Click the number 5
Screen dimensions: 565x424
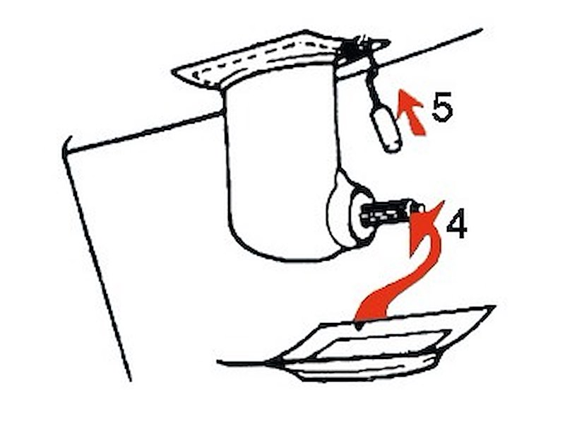pyautogui.click(x=442, y=107)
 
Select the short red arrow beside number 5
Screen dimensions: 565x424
pyautogui.click(x=411, y=112)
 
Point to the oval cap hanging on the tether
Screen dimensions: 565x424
pyautogui.click(x=386, y=130)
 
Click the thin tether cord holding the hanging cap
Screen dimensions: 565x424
pyautogui.click(x=373, y=85)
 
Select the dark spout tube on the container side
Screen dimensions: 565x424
pyautogui.click(x=386, y=213)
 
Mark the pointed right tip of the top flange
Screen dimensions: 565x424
pyautogui.click(x=389, y=42)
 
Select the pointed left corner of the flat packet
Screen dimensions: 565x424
pyautogui.click(x=268, y=363)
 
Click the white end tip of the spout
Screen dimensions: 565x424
pyautogui.click(x=419, y=208)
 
